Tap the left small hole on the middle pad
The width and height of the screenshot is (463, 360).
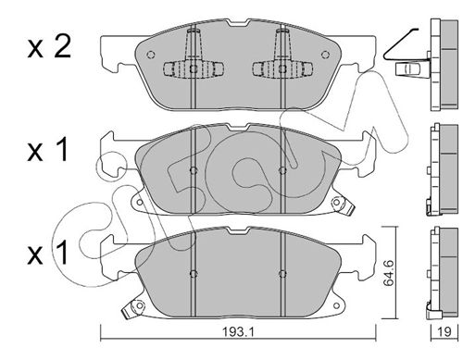pyautogui.click(x=192, y=171)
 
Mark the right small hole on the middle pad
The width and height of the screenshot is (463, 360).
pyautogui.click(x=282, y=171)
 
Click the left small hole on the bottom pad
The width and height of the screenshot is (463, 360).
pyautogui.click(x=192, y=273)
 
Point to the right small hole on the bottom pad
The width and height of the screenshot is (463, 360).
pyautogui.click(x=282, y=273)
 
